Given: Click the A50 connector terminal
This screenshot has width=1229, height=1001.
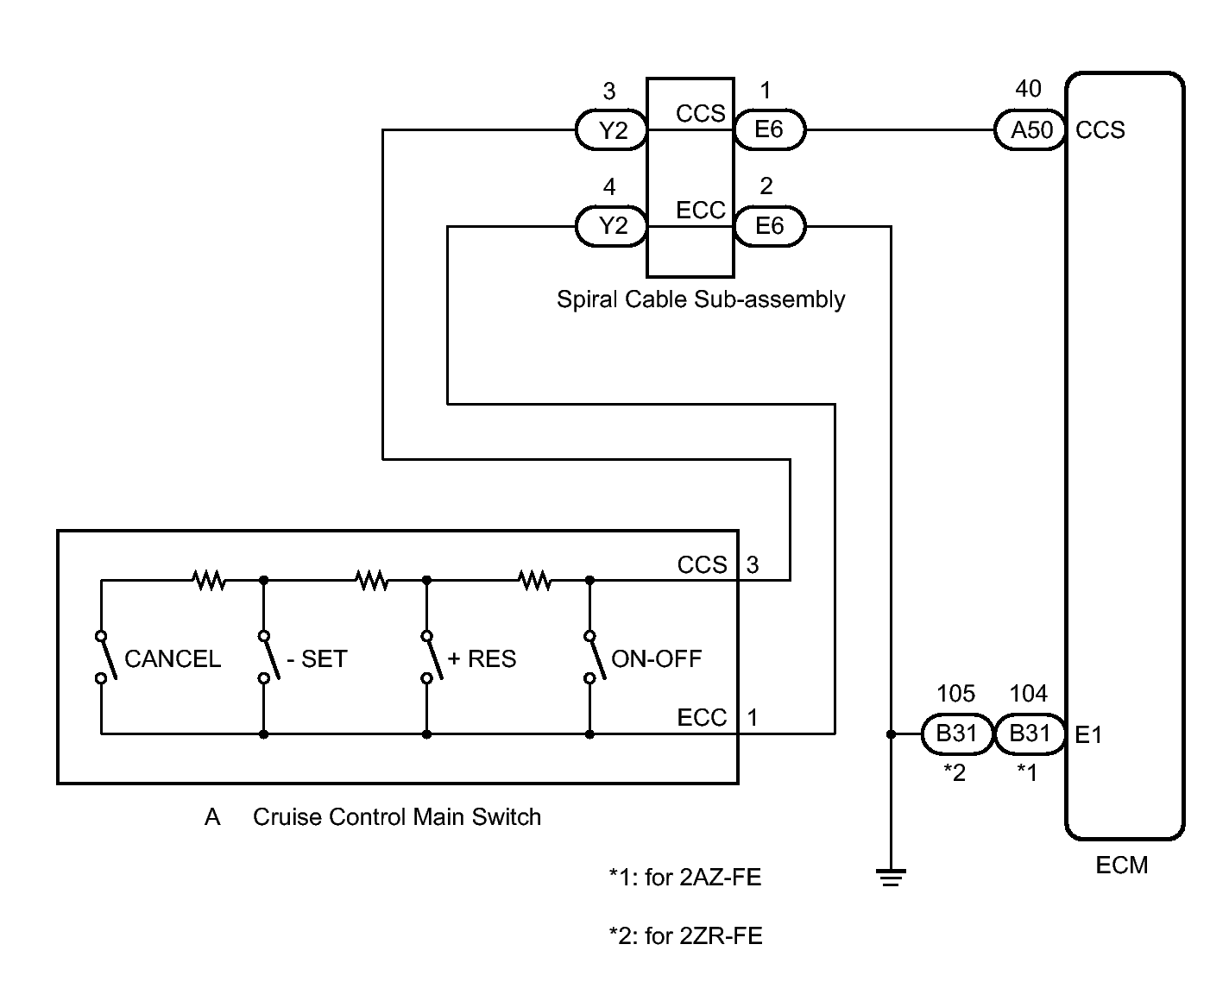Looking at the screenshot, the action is point(1030,129).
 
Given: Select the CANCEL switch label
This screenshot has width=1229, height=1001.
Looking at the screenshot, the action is point(173,659).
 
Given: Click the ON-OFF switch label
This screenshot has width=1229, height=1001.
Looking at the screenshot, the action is point(656,659).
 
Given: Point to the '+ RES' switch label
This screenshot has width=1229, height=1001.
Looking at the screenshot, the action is point(482,659).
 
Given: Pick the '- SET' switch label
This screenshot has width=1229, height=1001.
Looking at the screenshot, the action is point(317,659).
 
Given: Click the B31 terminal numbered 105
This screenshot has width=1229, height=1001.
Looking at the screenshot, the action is point(956,733).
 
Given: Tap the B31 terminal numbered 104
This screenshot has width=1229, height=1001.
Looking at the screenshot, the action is point(1030,733).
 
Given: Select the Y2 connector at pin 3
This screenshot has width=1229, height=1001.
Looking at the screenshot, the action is point(612,129).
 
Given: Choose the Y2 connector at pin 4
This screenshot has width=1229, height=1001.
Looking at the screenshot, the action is point(612,226).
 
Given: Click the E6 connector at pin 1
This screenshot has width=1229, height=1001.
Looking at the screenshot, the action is point(769,129).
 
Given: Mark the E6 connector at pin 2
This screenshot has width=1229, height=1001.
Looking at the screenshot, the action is point(769,226).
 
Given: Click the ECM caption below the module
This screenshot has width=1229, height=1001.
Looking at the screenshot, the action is point(1122,866).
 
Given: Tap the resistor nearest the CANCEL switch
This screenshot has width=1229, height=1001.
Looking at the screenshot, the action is point(209,580).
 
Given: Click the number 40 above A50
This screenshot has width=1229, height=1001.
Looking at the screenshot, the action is point(1028,89).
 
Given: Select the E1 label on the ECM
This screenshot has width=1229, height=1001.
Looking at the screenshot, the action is point(1089,735).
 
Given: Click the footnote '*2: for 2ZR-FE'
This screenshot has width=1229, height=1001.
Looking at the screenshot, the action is point(685,935).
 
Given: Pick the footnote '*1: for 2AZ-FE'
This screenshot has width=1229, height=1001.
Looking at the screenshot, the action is point(685,877).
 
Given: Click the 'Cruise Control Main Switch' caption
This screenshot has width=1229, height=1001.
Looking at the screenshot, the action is point(397,817).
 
